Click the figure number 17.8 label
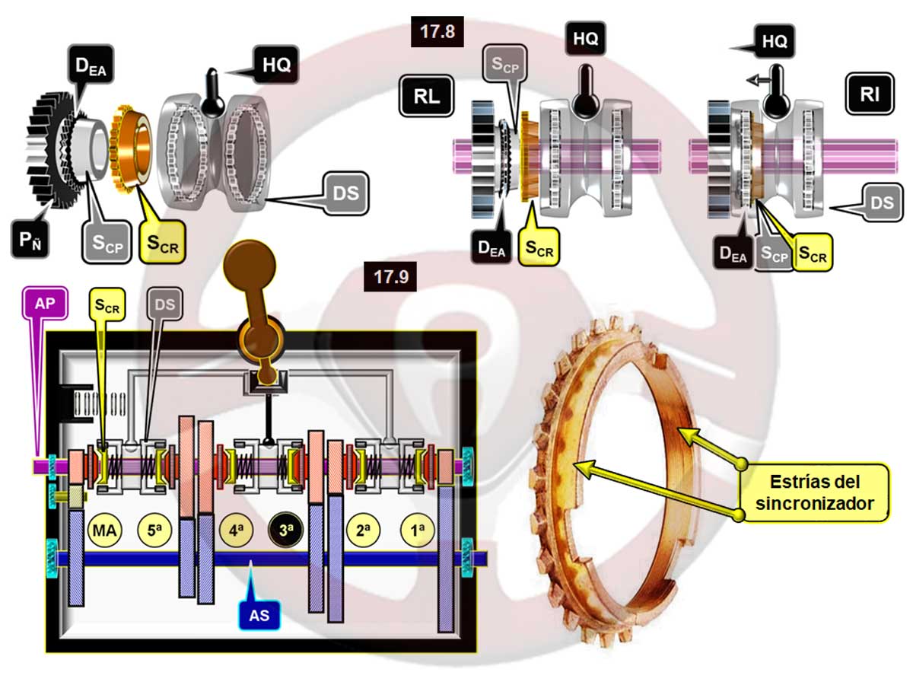click(x=437, y=32)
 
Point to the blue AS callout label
click(x=259, y=614)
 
